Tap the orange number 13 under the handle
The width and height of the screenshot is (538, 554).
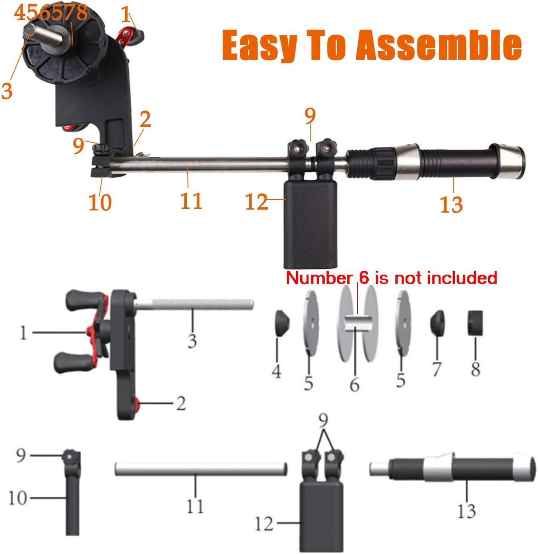(x=451, y=205)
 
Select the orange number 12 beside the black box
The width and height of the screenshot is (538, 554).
(x=256, y=202)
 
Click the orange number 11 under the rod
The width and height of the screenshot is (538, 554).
(x=191, y=201)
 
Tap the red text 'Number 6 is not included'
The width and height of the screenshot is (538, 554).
(x=391, y=278)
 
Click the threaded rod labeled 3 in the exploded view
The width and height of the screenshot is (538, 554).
(x=194, y=305)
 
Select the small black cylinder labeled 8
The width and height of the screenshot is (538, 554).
(x=475, y=323)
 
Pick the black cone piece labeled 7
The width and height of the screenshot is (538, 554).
(x=438, y=323)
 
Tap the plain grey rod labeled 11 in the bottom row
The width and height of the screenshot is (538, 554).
(x=201, y=469)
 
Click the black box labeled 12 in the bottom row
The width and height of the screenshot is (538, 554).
(x=321, y=516)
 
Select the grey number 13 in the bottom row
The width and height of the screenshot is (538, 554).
(x=467, y=511)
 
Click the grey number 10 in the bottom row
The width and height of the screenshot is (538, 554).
(x=18, y=498)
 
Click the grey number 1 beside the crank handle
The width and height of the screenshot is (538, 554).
(x=23, y=333)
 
